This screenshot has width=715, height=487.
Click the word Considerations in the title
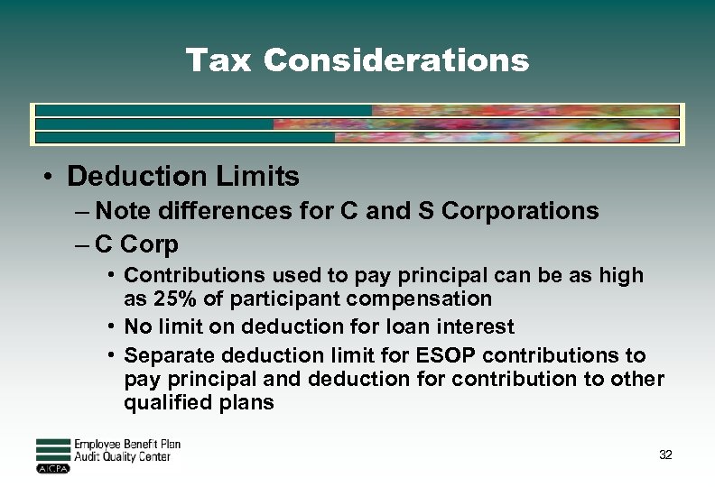point(396,60)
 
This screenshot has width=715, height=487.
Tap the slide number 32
point(665,455)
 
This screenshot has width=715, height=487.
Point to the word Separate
point(170,354)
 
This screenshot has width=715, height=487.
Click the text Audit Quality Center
point(122,457)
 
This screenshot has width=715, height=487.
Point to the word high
point(622,275)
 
